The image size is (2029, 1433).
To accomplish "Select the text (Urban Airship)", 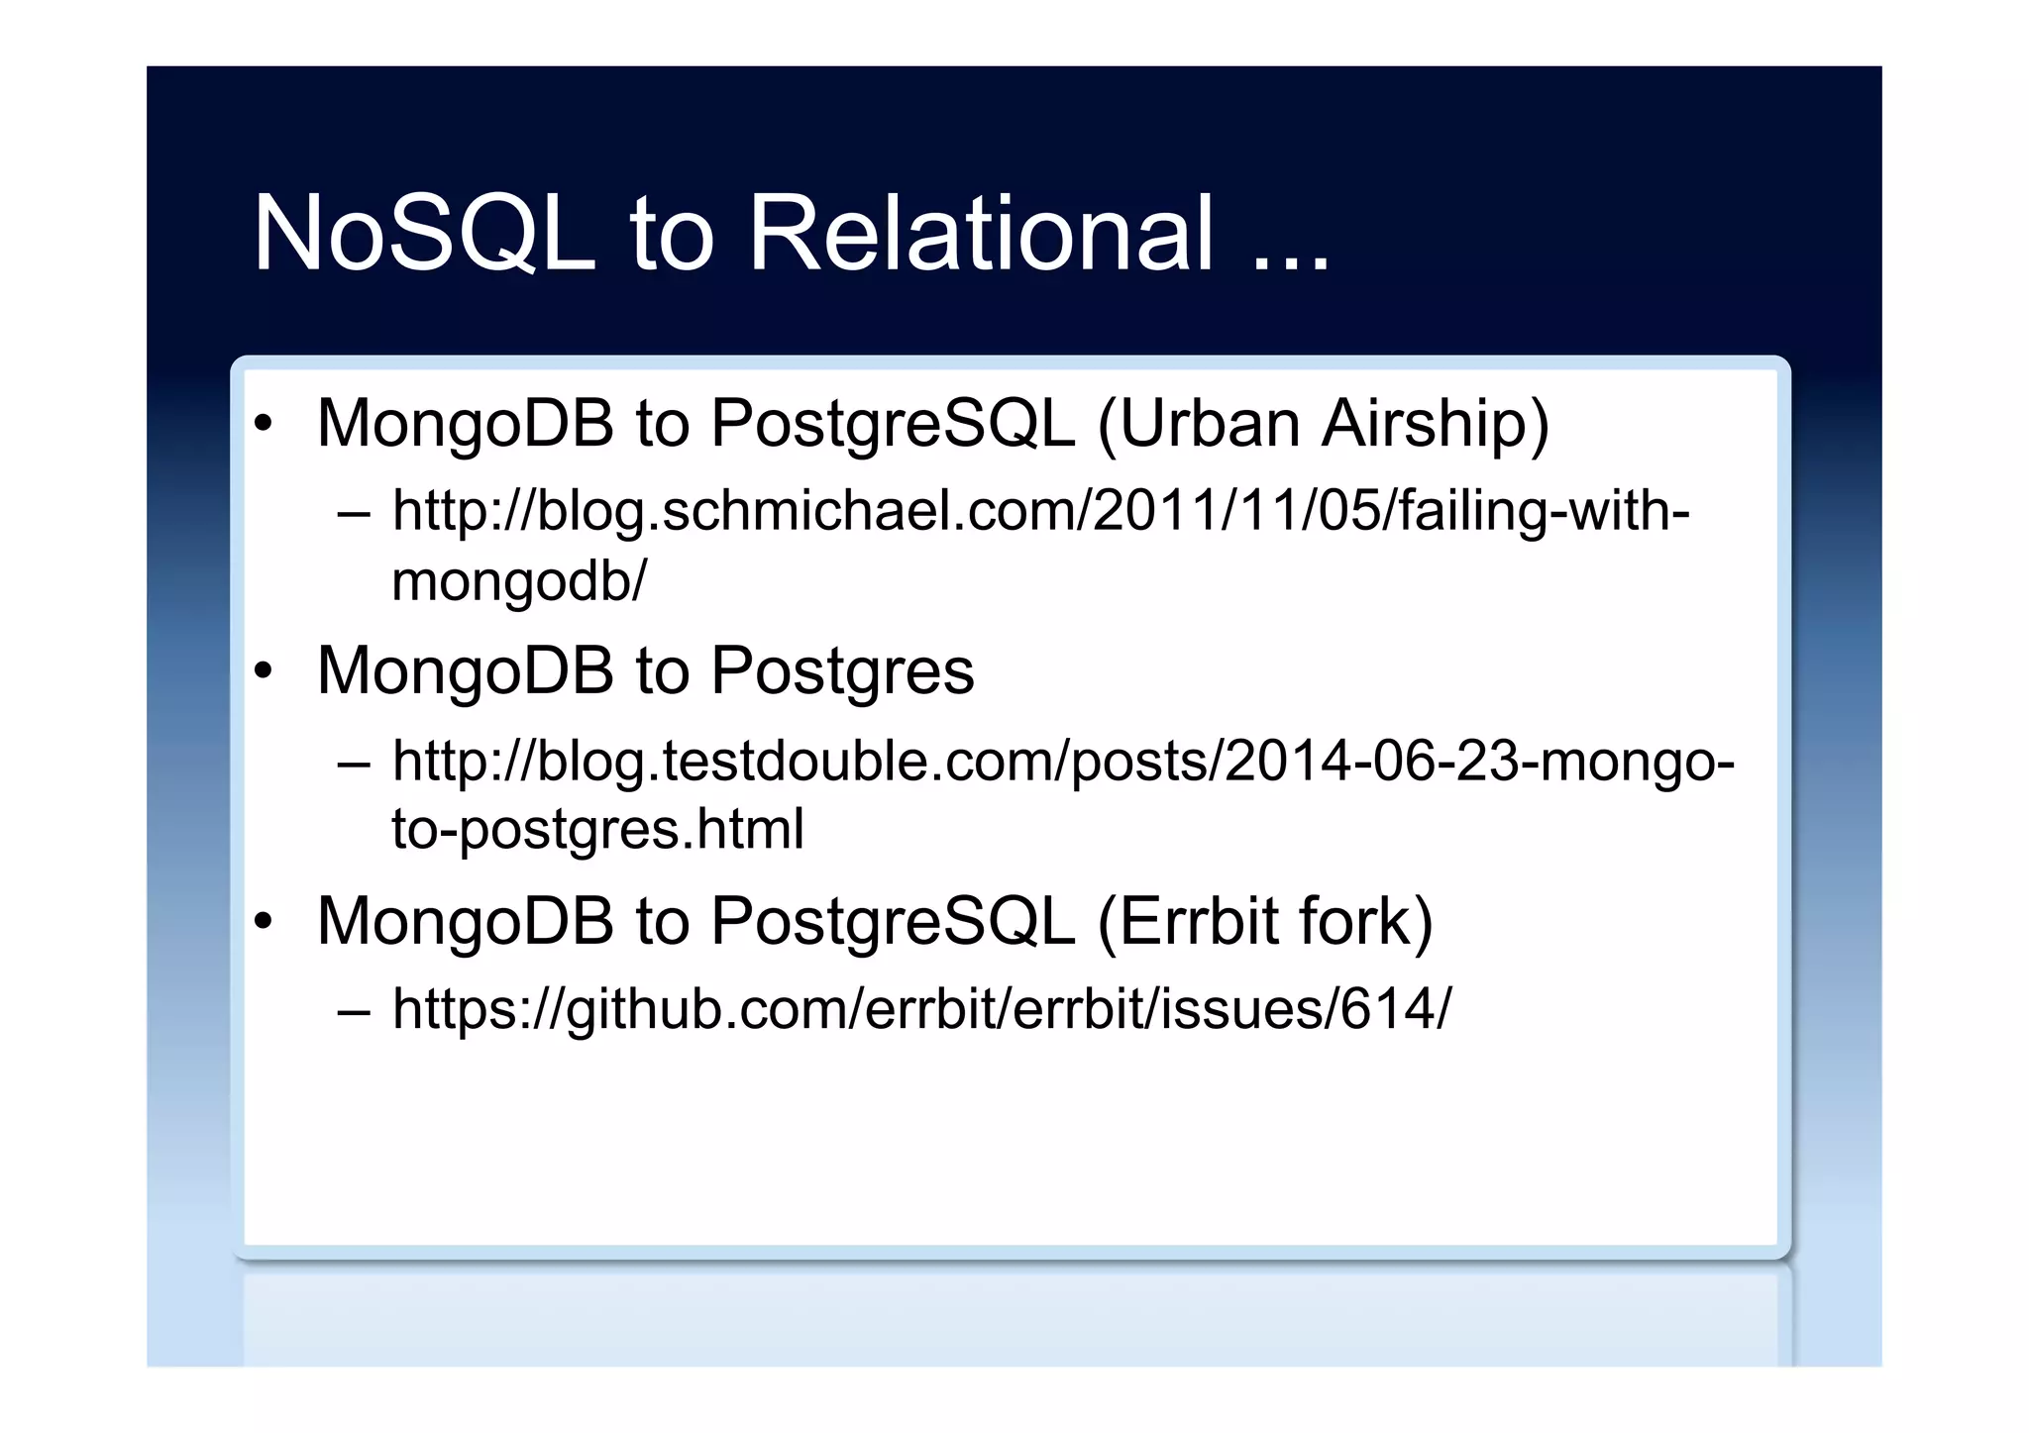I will point(1323,424).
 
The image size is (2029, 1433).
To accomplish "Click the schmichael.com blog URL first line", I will point(1040,512).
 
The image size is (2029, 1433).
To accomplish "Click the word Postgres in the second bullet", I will point(842,671).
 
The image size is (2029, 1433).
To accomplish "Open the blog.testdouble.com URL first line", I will point(1062,762).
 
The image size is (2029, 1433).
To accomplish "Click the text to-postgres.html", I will point(597,829).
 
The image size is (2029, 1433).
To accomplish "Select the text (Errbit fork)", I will point(1265,921).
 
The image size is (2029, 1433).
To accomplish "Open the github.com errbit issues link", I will point(921,1009).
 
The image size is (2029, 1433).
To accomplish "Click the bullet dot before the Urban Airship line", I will point(263,425).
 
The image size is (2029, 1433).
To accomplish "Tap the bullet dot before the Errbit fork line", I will point(263,922).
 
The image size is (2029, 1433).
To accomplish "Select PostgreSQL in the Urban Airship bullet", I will point(892,424).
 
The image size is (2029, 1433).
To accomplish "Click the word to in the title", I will point(671,236).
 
